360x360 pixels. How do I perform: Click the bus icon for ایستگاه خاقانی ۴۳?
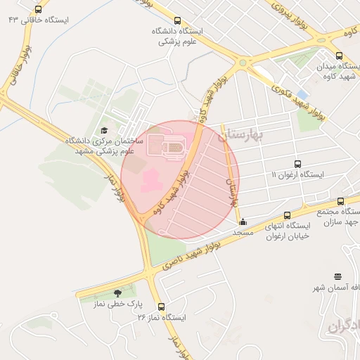click(x=38, y=10)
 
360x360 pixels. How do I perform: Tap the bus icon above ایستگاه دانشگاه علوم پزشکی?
click(x=176, y=20)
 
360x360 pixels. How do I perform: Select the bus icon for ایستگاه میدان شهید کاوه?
click(x=339, y=56)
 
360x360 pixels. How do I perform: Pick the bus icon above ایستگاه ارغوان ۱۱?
click(x=297, y=164)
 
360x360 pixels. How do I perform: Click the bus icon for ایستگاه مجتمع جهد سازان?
click(x=340, y=200)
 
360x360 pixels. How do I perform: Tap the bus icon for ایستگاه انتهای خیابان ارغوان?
click(x=287, y=215)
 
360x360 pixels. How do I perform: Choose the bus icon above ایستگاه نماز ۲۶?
click(x=162, y=307)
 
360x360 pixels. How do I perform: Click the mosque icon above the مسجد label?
click(x=243, y=222)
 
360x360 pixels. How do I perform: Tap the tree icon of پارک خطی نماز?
click(x=117, y=294)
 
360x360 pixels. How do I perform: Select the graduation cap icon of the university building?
click(x=105, y=131)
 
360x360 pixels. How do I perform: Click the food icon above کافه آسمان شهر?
click(x=338, y=276)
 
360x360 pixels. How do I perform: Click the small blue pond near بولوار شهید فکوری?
click(x=302, y=93)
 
